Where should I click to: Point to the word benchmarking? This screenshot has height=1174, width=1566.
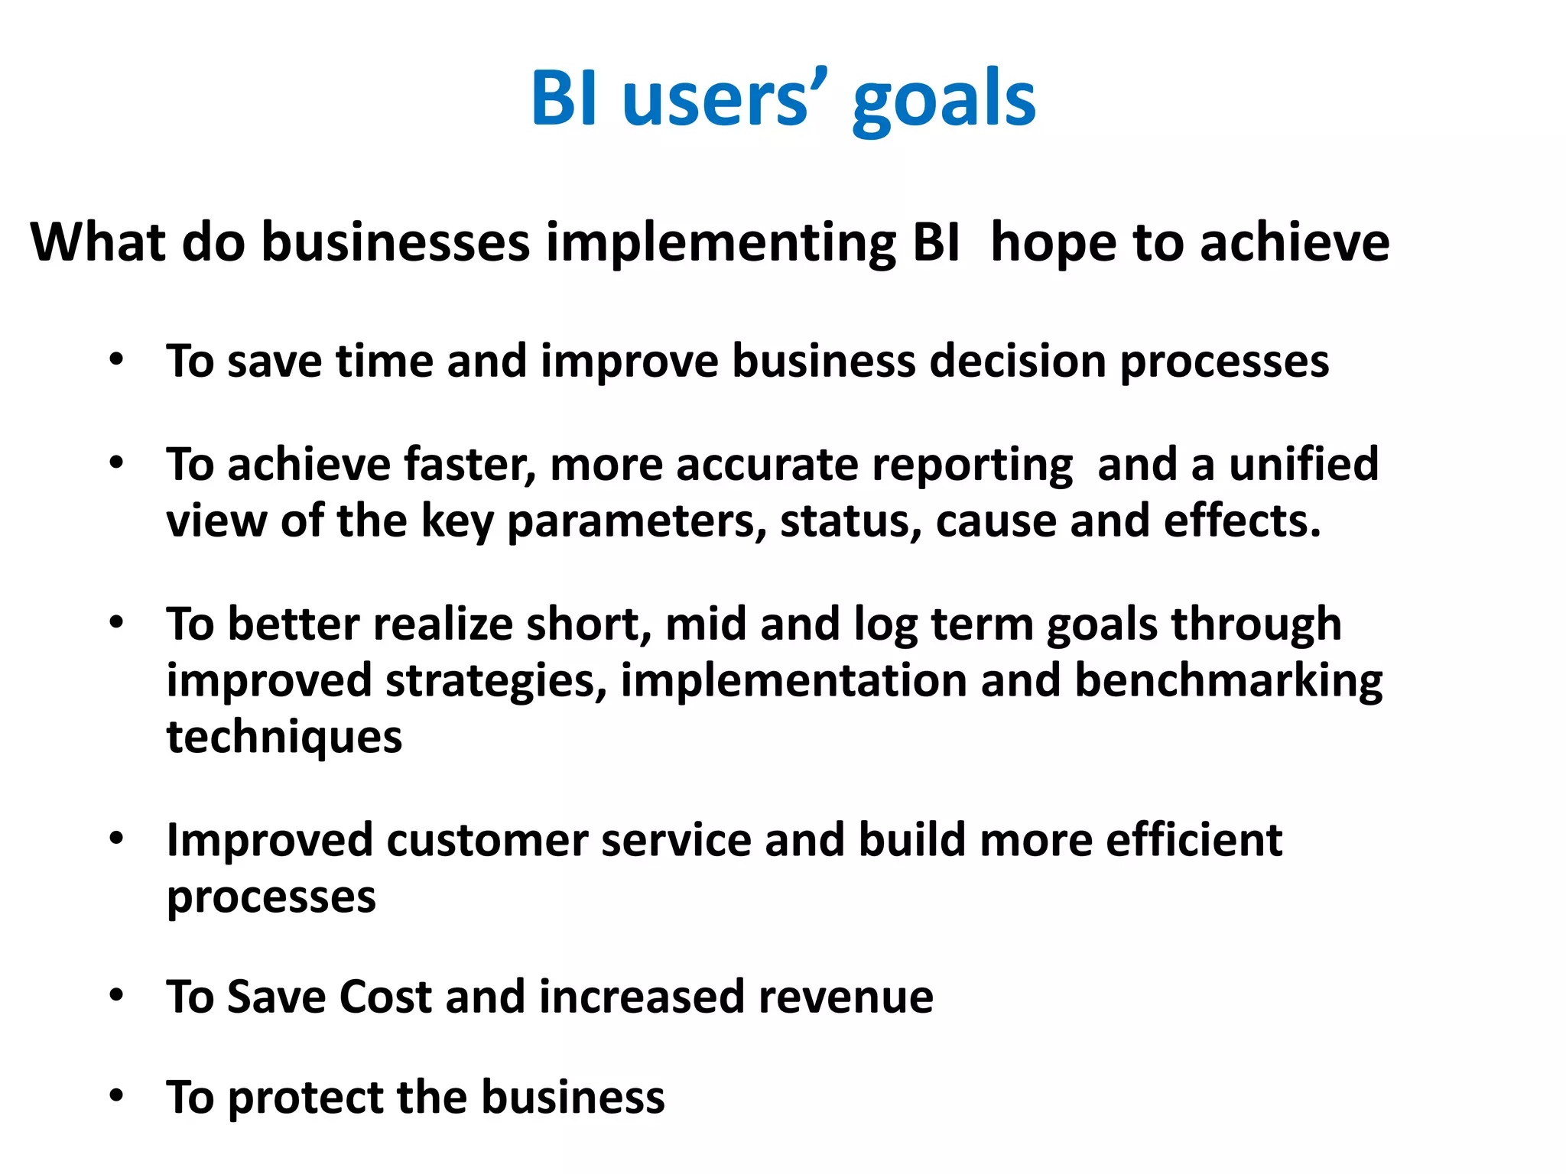[x=1228, y=681]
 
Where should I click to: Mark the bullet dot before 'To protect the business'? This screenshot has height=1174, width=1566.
[x=116, y=1097]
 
